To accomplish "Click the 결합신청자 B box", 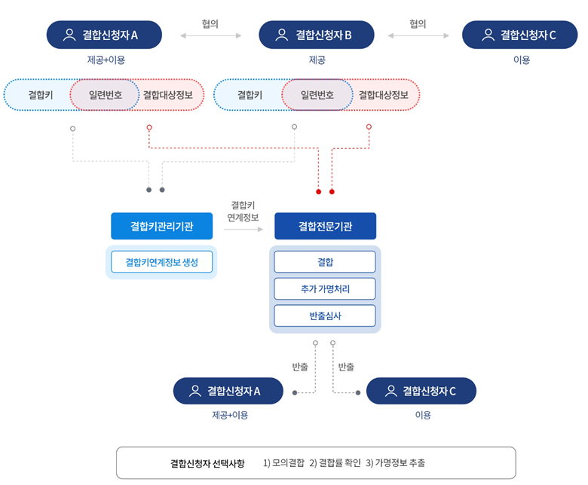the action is [x=317, y=35].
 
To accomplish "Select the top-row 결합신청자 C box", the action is [x=519, y=35].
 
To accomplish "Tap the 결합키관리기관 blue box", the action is [x=161, y=226].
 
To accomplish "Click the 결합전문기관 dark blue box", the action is [x=325, y=226].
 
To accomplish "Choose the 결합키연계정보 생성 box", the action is [x=161, y=262].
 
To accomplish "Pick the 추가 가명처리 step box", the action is [x=325, y=288].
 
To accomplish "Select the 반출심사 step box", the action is [x=325, y=316].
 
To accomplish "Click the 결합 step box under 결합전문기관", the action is [x=325, y=262].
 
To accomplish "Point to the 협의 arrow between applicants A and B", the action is [x=211, y=35].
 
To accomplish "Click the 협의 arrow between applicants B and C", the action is [x=418, y=35].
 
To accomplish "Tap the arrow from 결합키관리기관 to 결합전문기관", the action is [x=243, y=229].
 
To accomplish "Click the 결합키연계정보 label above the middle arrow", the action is [x=243, y=211].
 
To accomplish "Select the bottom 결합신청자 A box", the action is [x=228, y=391].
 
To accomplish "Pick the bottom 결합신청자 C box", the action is [x=421, y=391].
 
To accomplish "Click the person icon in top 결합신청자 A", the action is [x=69, y=35].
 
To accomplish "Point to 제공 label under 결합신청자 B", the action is [x=317, y=60].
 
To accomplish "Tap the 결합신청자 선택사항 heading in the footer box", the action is [x=207, y=463].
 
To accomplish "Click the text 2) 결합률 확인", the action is [x=335, y=463].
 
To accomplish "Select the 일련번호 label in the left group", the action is [x=106, y=95].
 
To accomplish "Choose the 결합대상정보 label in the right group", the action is [x=383, y=95].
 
